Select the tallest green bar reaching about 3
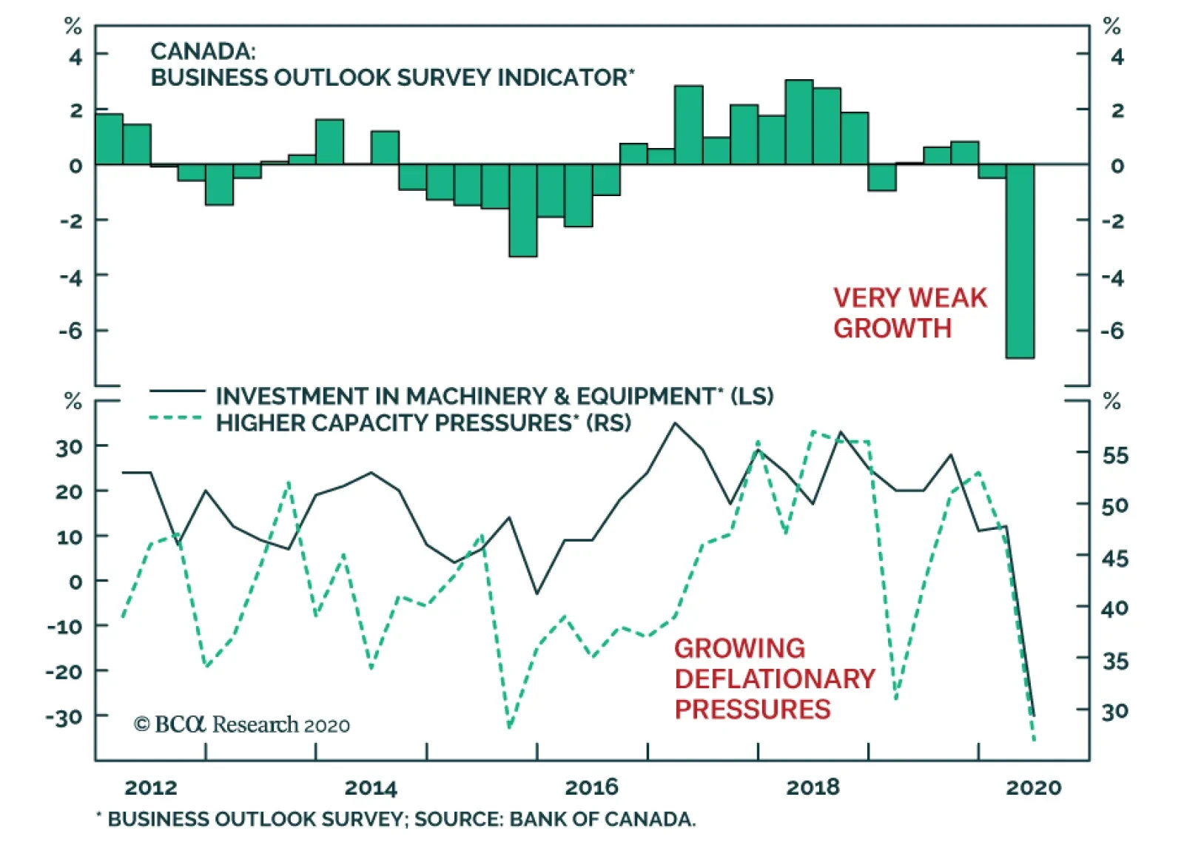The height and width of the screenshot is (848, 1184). coord(799,122)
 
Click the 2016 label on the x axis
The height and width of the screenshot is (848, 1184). coord(591,787)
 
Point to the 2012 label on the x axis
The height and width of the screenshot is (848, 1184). coord(151,787)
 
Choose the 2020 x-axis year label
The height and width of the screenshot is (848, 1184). coord(1033,787)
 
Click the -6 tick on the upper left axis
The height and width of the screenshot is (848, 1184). coord(71,331)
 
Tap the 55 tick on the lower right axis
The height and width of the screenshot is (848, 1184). coord(1115,455)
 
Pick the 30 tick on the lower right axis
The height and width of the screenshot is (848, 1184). coord(1115,712)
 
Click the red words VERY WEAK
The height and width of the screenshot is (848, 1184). coord(910,298)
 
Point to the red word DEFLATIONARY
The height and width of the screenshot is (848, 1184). coord(775,679)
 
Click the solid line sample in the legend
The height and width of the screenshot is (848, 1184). coord(177,391)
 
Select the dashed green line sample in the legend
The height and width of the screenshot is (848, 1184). coord(177,418)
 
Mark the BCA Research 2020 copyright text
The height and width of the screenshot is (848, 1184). coord(242,724)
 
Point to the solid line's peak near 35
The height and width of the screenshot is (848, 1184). coord(675,423)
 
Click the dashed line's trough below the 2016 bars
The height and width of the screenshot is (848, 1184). coord(509,727)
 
